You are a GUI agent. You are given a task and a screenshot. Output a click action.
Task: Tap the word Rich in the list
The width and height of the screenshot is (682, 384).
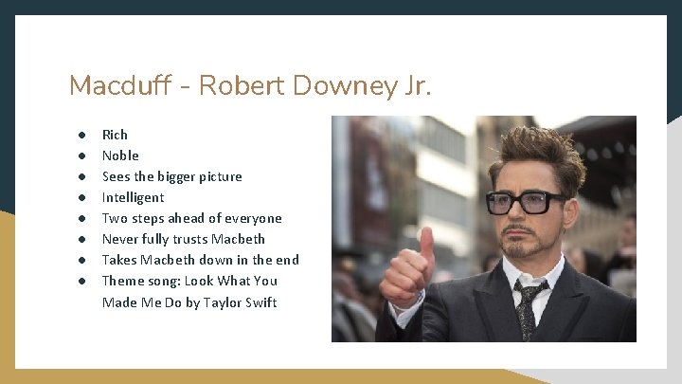(x=115, y=135)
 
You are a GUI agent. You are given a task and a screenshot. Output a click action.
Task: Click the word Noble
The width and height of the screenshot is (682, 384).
(x=120, y=155)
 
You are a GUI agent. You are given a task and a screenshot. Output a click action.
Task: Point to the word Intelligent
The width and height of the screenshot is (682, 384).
(x=133, y=197)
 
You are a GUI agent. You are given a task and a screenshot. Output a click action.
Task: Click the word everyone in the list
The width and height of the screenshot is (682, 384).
(x=253, y=218)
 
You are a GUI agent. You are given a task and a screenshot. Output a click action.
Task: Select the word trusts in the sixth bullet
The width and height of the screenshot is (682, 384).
(x=190, y=239)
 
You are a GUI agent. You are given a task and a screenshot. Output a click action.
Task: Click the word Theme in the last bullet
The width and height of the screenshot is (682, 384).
(x=123, y=281)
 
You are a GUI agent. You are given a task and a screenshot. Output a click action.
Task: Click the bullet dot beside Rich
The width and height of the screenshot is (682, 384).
(x=83, y=135)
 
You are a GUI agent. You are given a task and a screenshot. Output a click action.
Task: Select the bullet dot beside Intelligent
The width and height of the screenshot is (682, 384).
(x=83, y=197)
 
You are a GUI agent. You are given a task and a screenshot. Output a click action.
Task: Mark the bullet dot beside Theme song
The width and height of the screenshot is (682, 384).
(x=83, y=281)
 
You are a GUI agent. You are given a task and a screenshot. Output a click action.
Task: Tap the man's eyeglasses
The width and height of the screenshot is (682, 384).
(x=527, y=202)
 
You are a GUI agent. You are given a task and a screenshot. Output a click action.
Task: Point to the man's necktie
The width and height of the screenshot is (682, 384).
(x=527, y=308)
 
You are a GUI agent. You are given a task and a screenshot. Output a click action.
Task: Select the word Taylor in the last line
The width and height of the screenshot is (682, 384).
(x=219, y=302)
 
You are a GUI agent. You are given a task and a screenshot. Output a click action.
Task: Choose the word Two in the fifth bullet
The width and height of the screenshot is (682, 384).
(x=114, y=218)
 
